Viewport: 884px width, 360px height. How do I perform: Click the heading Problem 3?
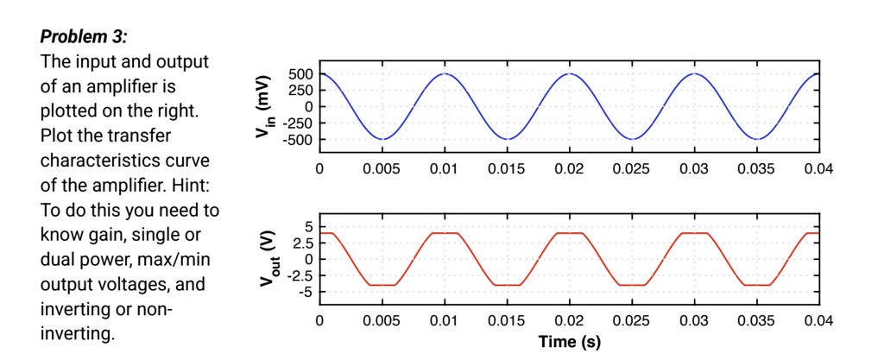coord(84,38)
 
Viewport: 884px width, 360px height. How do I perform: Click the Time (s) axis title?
coord(569,342)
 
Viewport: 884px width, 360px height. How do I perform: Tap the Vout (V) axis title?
coord(265,259)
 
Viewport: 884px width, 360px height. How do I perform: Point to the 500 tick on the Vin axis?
coord(301,74)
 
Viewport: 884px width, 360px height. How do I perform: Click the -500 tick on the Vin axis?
coord(298,139)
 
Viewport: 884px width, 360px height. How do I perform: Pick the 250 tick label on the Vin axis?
coord(301,91)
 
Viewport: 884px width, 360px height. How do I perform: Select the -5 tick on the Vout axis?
coord(305,292)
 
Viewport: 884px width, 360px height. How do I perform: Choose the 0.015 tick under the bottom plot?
coord(506,322)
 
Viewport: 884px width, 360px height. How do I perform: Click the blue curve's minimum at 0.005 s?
coord(382,139)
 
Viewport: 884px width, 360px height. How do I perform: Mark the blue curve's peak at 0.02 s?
coord(569,74)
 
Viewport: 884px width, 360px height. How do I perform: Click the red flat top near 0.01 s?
coord(445,233)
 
